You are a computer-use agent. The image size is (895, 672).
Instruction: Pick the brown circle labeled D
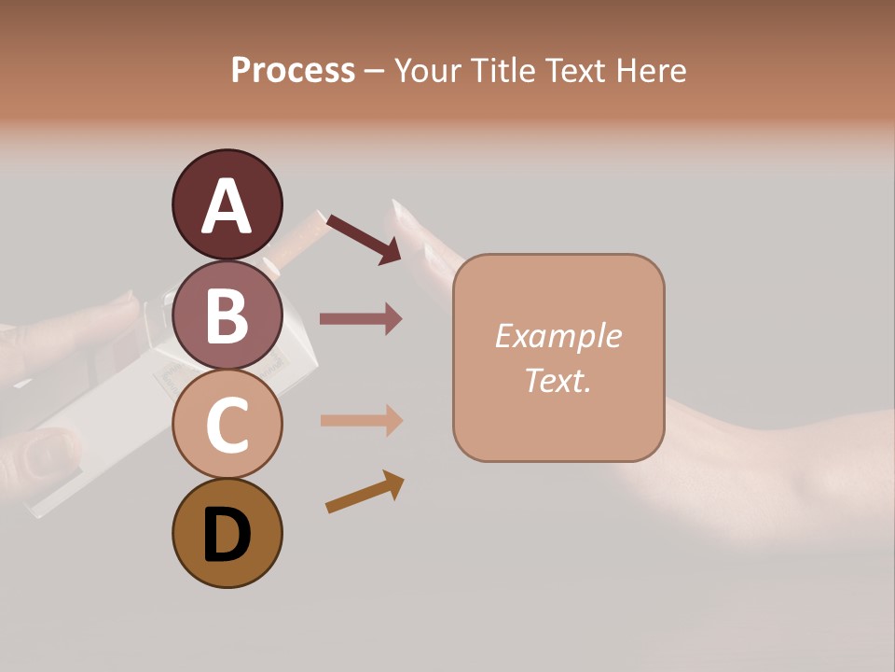pyautogui.click(x=227, y=533)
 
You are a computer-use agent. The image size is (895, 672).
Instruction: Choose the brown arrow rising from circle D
pyautogui.click(x=365, y=492)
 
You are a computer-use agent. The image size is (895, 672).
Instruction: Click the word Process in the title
pyautogui.click(x=293, y=71)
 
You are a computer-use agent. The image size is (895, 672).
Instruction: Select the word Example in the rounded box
pyautogui.click(x=558, y=336)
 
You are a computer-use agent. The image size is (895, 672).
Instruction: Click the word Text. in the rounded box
pyautogui.click(x=558, y=380)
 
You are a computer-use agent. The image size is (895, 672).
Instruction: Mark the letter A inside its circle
pyautogui.click(x=227, y=207)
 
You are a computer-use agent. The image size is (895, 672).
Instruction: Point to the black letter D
pyautogui.click(x=227, y=536)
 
